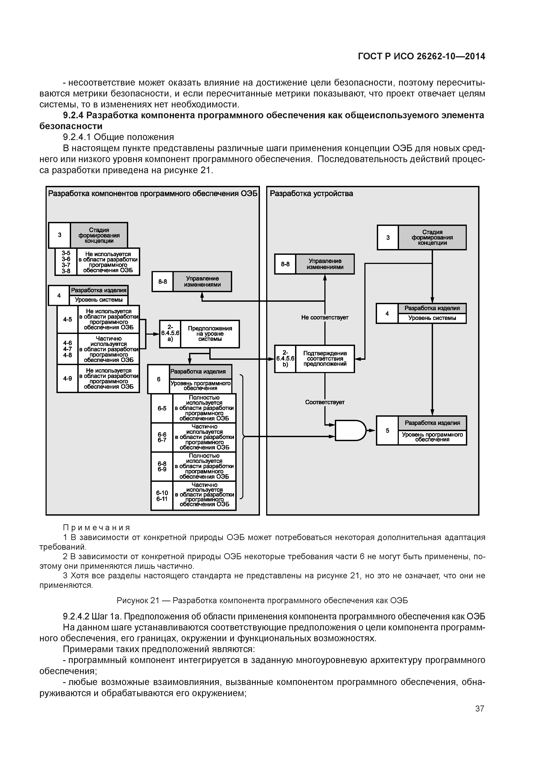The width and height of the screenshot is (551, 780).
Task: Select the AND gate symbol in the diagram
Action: pyautogui.click(x=350, y=430)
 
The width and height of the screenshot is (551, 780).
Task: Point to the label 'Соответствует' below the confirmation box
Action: pyautogui.click(x=325, y=402)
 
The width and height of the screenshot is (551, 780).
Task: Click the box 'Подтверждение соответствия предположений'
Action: pyautogui.click(x=325, y=359)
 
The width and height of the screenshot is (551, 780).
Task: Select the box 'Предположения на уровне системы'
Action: pyautogui.click(x=210, y=334)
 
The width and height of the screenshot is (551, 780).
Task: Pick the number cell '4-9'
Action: pyautogui.click(x=68, y=378)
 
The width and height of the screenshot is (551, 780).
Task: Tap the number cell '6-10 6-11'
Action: pyautogui.click(x=162, y=496)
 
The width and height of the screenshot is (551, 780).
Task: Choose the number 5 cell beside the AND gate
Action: pyautogui.click(x=387, y=430)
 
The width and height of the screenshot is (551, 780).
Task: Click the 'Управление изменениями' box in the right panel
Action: pyautogui.click(x=325, y=264)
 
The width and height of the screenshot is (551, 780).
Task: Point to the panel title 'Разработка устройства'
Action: pyautogui.click(x=311, y=194)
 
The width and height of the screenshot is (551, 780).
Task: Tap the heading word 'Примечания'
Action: pyautogui.click(x=97, y=528)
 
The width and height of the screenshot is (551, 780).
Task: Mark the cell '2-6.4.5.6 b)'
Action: pyautogui.click(x=285, y=359)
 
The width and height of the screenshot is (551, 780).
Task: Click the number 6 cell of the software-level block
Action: pyautogui.click(x=159, y=379)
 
